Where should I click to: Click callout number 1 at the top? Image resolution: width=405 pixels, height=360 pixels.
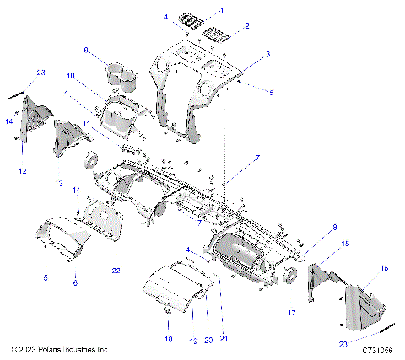(x=222, y=9)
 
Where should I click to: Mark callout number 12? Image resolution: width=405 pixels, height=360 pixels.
(x=22, y=171)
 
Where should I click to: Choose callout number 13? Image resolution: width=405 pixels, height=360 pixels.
(x=58, y=183)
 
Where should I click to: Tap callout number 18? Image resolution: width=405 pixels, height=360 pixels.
(x=168, y=337)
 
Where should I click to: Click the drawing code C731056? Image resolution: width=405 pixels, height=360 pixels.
(x=379, y=348)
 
